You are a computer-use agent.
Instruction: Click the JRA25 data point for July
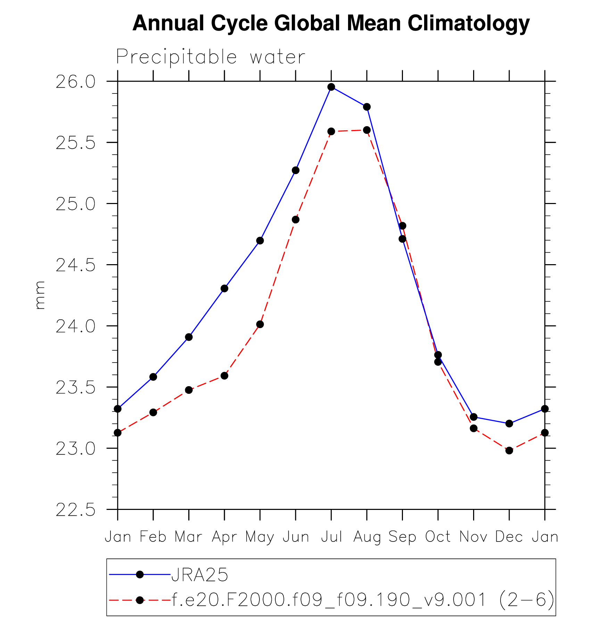point(331,87)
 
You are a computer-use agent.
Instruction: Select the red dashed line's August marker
point(367,130)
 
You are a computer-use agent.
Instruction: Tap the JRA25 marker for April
point(224,288)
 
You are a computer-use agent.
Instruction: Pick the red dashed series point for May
point(260,324)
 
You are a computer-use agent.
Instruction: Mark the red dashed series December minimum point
point(509,450)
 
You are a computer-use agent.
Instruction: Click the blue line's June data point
point(296,170)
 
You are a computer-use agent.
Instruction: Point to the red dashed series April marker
point(224,376)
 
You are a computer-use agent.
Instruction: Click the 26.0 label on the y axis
point(75,82)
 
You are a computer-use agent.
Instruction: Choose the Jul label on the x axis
point(331,537)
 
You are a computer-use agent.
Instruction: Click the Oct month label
point(438,537)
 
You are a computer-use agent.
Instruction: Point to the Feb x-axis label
point(153,537)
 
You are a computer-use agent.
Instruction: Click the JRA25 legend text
point(200,575)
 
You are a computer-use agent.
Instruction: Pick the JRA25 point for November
point(473,417)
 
